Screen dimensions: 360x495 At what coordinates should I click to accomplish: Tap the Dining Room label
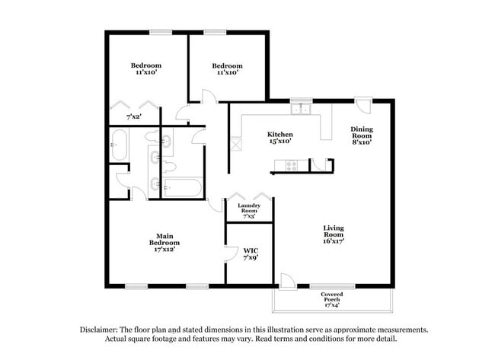(x=361, y=133)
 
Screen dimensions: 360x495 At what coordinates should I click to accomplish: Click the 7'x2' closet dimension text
(x=135, y=117)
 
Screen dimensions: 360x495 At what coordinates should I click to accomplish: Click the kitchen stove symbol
(x=290, y=165)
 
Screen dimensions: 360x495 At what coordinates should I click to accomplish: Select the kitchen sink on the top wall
(x=302, y=108)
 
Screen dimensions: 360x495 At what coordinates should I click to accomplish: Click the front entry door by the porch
(x=288, y=281)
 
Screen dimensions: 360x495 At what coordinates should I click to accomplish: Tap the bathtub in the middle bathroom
(x=182, y=187)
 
